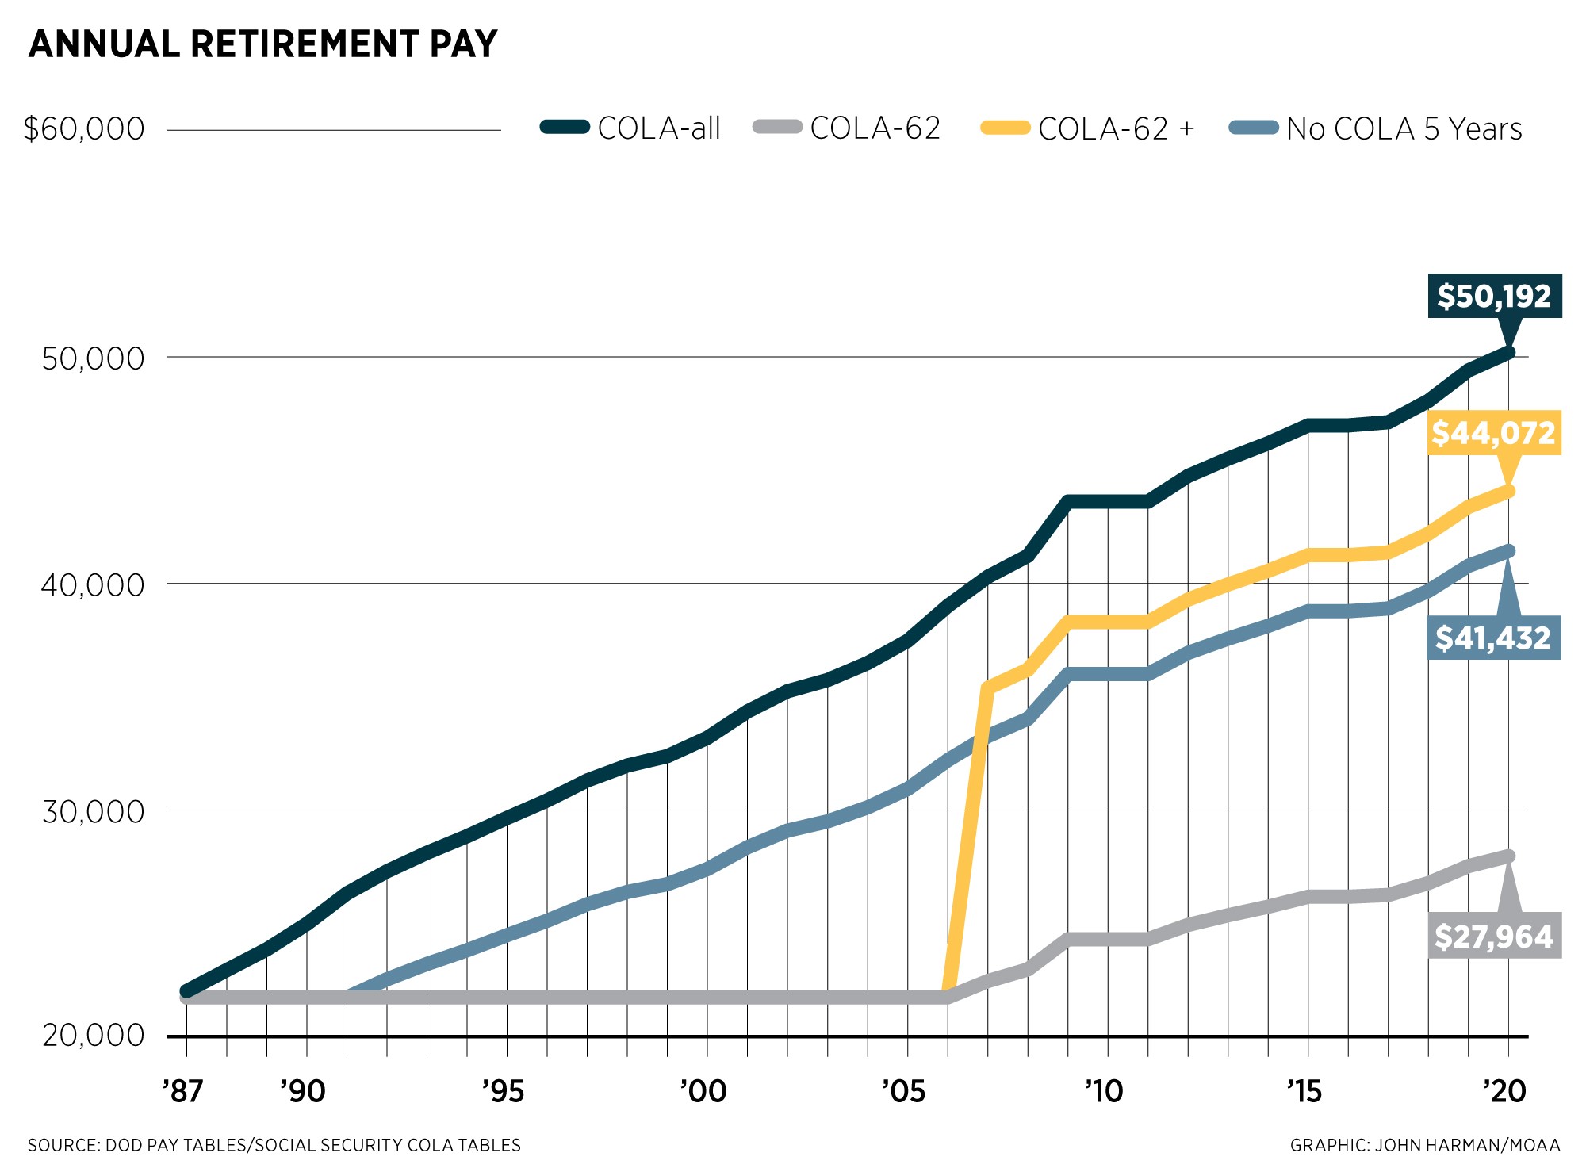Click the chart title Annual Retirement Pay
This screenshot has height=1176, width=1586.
coord(262,44)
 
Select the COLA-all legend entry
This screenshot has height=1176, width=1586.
coord(630,128)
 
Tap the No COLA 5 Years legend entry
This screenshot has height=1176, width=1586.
coord(1376,128)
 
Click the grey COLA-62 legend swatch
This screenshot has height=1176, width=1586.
coord(777,127)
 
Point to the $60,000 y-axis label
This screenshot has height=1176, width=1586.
coord(84,128)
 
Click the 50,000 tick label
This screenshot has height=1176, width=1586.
coord(94,358)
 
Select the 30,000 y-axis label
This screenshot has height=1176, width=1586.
coord(94,811)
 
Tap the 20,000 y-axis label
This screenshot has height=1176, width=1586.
coord(94,1035)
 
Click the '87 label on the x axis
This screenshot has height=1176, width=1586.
coord(183,1092)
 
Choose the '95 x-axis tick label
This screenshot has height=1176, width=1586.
coord(504,1092)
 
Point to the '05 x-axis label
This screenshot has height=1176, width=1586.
coord(904,1092)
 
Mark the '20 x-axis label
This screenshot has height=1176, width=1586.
coord(1504,1092)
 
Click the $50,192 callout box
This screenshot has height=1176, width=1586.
coord(1494,296)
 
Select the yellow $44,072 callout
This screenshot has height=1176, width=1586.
coord(1494,433)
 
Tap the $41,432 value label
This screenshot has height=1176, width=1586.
coord(1493,638)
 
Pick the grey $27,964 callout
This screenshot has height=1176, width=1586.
coord(1494,937)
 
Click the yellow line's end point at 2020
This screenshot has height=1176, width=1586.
coord(1508,492)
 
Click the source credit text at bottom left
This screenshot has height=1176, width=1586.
coord(274,1145)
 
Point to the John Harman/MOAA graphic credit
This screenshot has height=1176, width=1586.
coord(1425,1145)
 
